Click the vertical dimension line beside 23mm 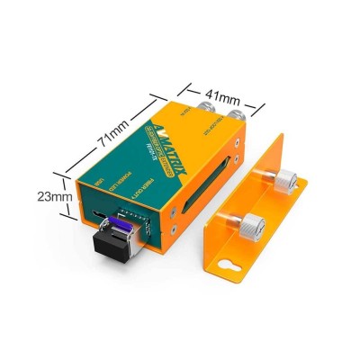72,194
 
